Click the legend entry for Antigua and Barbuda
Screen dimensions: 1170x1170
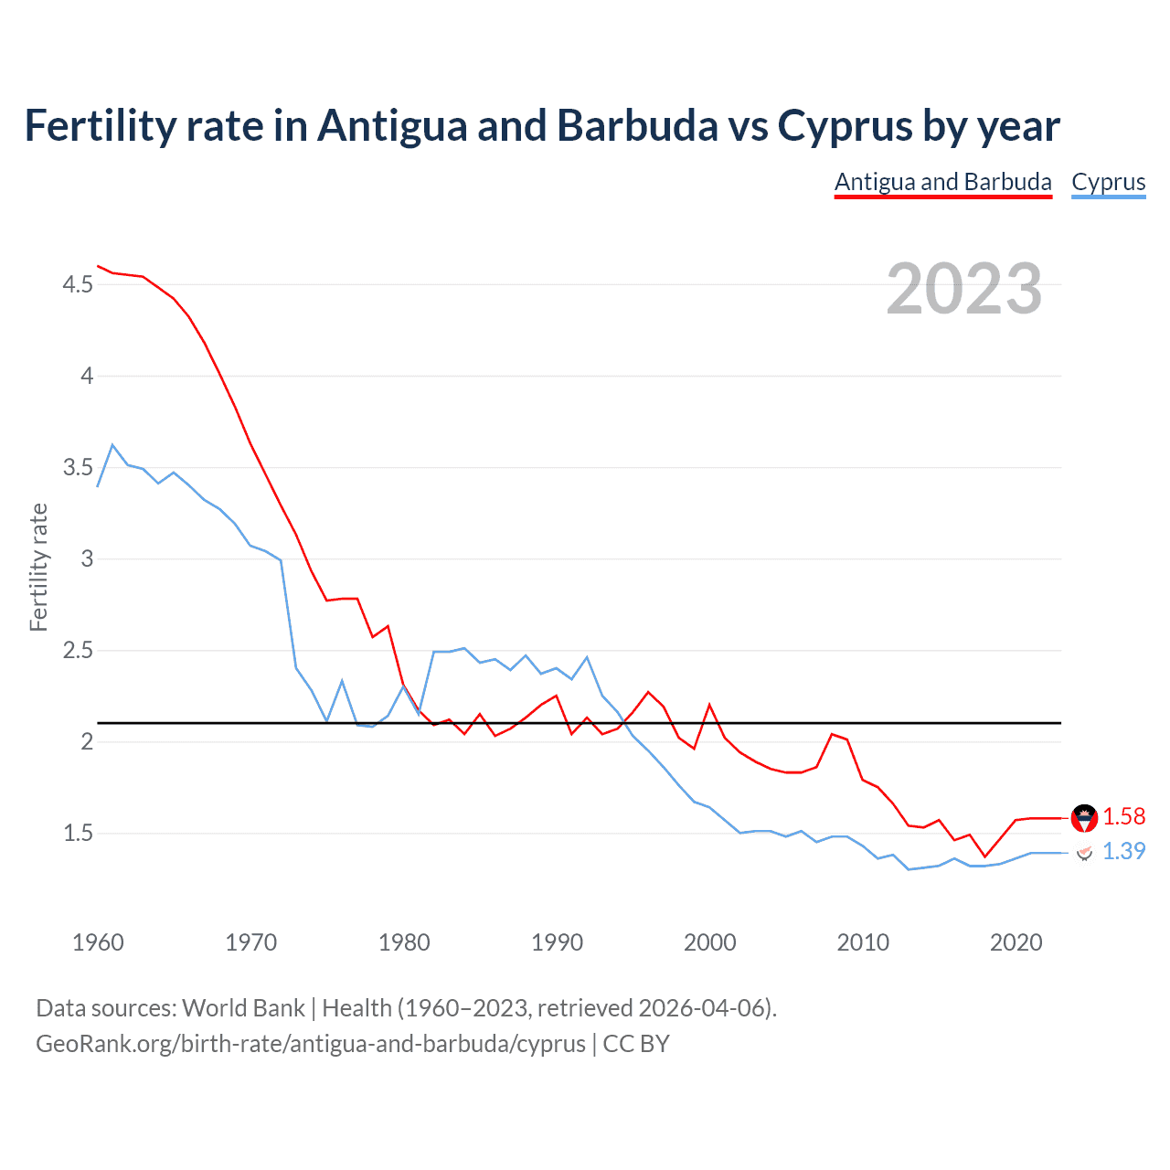point(942,182)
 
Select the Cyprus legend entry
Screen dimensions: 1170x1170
point(1108,182)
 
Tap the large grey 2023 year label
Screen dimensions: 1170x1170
point(964,289)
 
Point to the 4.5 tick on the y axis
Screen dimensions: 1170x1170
point(78,285)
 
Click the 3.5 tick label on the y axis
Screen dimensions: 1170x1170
point(78,468)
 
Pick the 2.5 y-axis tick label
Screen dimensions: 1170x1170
point(78,651)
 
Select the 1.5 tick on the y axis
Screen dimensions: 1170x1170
point(78,833)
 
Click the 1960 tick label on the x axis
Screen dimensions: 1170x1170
point(98,942)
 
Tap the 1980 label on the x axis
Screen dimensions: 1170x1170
point(404,942)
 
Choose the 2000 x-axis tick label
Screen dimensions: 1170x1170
point(709,942)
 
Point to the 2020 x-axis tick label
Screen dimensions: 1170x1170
point(1016,942)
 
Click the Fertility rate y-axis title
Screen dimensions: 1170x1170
point(38,567)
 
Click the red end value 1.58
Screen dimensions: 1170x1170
point(1123,816)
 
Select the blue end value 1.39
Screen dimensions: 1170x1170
point(1123,851)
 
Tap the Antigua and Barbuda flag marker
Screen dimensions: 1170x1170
point(1084,818)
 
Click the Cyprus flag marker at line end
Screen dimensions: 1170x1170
point(1084,853)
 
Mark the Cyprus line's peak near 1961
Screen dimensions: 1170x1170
point(112,445)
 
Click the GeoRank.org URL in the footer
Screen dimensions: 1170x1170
point(311,1044)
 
